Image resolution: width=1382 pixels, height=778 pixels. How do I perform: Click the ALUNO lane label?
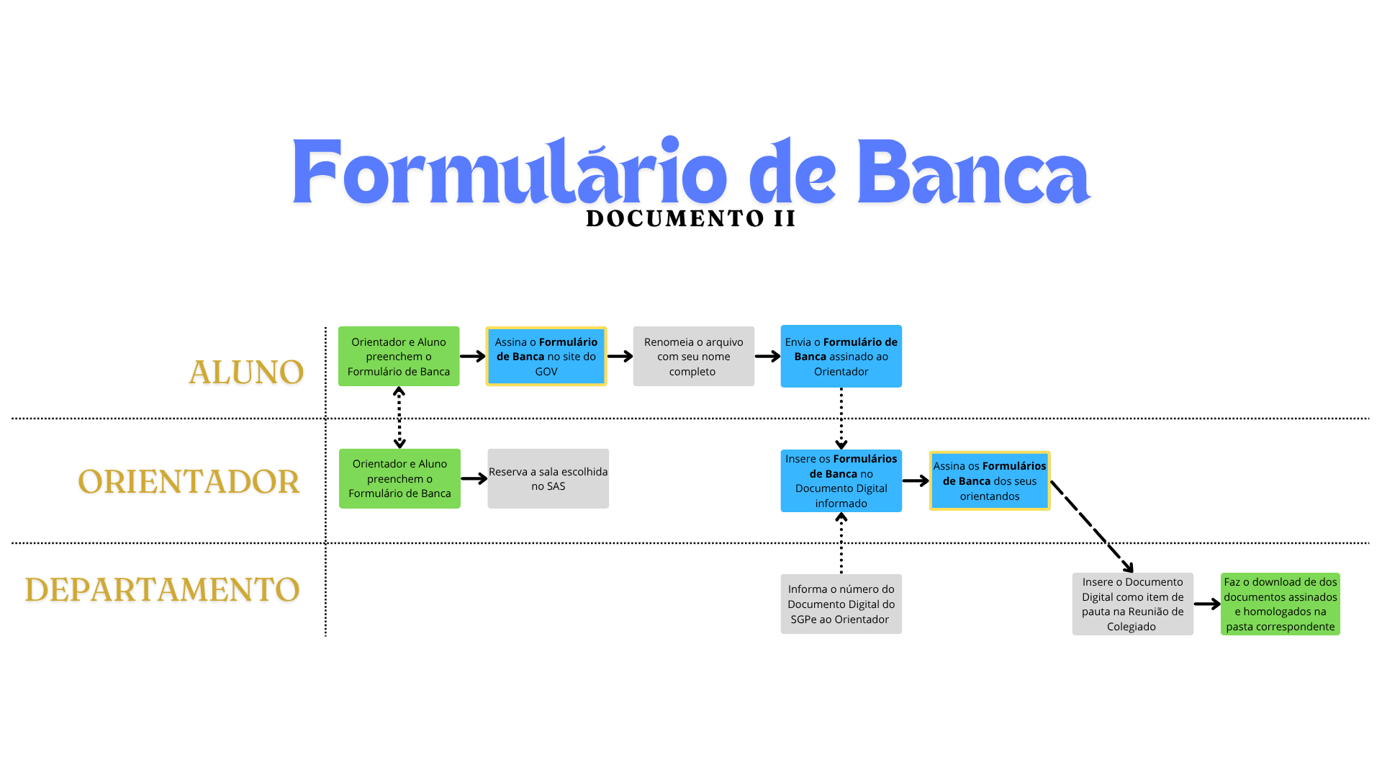pos(246,372)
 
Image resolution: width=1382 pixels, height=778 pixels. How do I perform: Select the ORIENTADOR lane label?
pos(189,482)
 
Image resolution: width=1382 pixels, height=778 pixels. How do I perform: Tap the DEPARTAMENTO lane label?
pos(163,590)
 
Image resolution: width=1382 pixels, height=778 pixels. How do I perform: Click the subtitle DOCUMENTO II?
pos(691,219)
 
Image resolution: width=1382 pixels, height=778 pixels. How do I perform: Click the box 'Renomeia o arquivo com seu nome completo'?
pos(693,357)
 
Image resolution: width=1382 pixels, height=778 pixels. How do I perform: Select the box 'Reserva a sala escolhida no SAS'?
pos(548,479)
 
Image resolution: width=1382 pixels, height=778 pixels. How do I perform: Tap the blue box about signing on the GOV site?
pos(546,357)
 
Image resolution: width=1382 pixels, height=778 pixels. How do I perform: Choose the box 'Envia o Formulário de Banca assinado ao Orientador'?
pos(841,357)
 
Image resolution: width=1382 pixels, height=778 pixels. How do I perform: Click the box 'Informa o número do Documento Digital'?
pos(841,604)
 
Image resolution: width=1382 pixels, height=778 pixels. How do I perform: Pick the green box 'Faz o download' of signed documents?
pos(1280,604)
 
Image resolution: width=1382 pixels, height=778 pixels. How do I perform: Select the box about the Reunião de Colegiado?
pos(1132,604)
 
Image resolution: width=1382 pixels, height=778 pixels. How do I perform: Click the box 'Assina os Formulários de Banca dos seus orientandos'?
pos(990,481)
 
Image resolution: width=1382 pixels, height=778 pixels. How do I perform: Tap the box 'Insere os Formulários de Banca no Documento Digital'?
pos(841,481)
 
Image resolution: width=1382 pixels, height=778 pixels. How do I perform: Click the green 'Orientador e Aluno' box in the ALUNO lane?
pos(399,357)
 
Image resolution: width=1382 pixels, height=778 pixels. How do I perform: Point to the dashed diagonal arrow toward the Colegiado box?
pos(1092,527)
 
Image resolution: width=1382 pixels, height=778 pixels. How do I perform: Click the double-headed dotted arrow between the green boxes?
pos(399,418)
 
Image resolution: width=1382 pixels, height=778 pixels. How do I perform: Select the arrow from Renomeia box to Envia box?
pos(767,357)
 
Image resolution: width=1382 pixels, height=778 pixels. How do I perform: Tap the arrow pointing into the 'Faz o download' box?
pos(1206,604)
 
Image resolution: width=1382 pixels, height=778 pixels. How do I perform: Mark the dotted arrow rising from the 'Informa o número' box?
pos(841,543)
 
